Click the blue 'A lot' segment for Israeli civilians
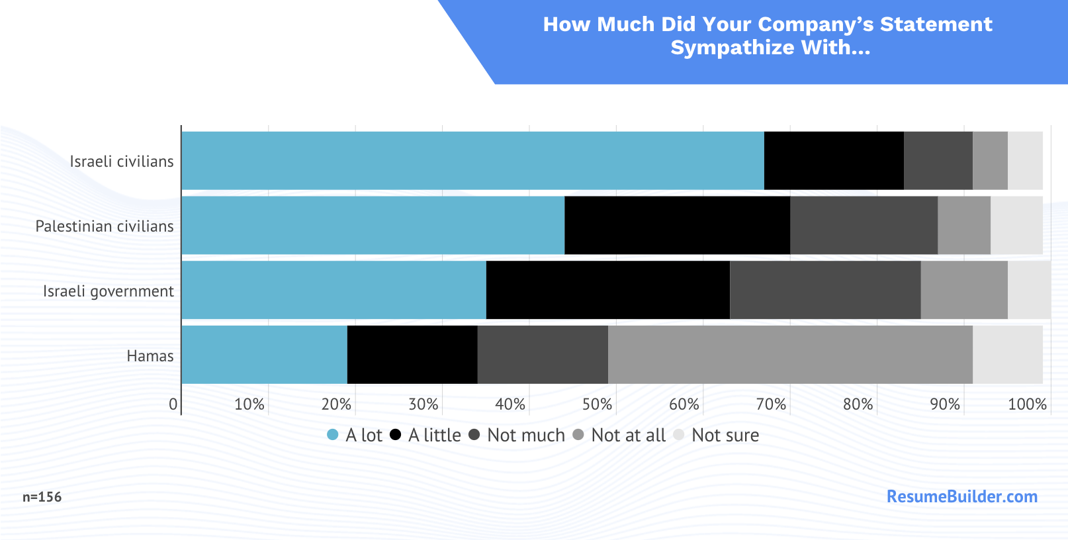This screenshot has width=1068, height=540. (x=472, y=161)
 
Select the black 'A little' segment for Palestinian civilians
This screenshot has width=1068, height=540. (x=677, y=225)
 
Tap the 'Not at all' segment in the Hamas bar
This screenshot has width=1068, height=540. (x=790, y=355)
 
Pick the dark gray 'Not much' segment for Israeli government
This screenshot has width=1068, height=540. (x=825, y=290)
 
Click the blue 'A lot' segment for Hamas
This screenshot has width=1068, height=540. (x=264, y=355)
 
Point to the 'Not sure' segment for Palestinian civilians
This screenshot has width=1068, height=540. (x=1016, y=225)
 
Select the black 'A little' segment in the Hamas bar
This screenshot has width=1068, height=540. (x=412, y=355)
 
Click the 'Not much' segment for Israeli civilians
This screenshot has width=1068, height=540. (x=938, y=161)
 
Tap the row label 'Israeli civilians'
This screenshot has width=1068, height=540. (x=122, y=161)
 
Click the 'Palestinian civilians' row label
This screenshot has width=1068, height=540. (x=105, y=226)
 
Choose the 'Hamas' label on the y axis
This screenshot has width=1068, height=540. (x=150, y=356)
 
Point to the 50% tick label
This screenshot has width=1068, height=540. (x=597, y=404)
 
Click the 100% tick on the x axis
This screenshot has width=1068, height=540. (x=1027, y=404)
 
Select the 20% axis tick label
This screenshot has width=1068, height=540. (x=336, y=404)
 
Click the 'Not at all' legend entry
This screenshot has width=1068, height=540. (x=628, y=435)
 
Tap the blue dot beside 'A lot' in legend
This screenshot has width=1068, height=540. (x=333, y=435)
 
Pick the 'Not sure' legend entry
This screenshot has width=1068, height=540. (x=725, y=435)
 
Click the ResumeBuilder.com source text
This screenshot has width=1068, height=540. (x=961, y=496)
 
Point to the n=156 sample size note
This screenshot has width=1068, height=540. (x=42, y=497)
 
